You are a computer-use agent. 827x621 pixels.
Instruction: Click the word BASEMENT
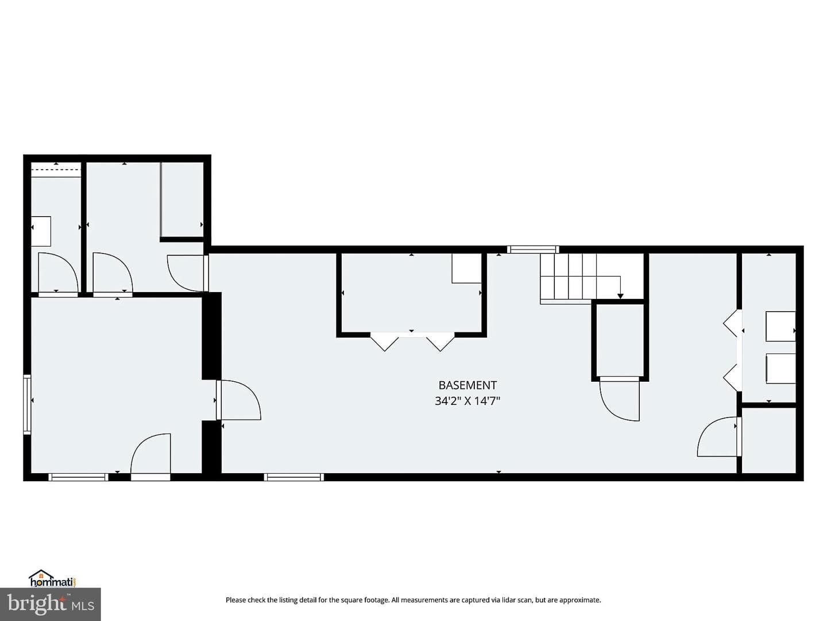click(x=467, y=385)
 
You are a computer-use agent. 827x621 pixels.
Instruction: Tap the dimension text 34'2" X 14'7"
click(x=467, y=400)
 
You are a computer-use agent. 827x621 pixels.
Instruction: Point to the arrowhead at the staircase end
click(x=620, y=296)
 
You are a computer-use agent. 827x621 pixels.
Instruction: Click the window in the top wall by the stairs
click(x=533, y=249)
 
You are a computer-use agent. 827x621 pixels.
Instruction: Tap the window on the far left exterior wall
click(x=27, y=405)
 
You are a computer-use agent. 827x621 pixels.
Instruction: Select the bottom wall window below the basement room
click(x=293, y=477)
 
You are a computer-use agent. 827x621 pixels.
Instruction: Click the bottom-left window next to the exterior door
click(x=78, y=477)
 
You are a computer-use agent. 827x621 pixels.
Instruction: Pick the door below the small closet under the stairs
click(x=619, y=400)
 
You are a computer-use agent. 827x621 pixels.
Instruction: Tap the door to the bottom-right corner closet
click(x=718, y=436)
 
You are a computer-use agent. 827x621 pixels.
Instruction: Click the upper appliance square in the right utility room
click(x=780, y=326)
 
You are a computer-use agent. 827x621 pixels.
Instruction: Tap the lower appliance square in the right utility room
click(x=780, y=369)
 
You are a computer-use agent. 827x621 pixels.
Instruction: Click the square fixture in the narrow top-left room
click(x=41, y=231)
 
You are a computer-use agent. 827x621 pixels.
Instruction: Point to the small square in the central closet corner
click(x=467, y=268)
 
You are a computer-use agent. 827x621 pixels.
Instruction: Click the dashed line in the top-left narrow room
click(x=56, y=170)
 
